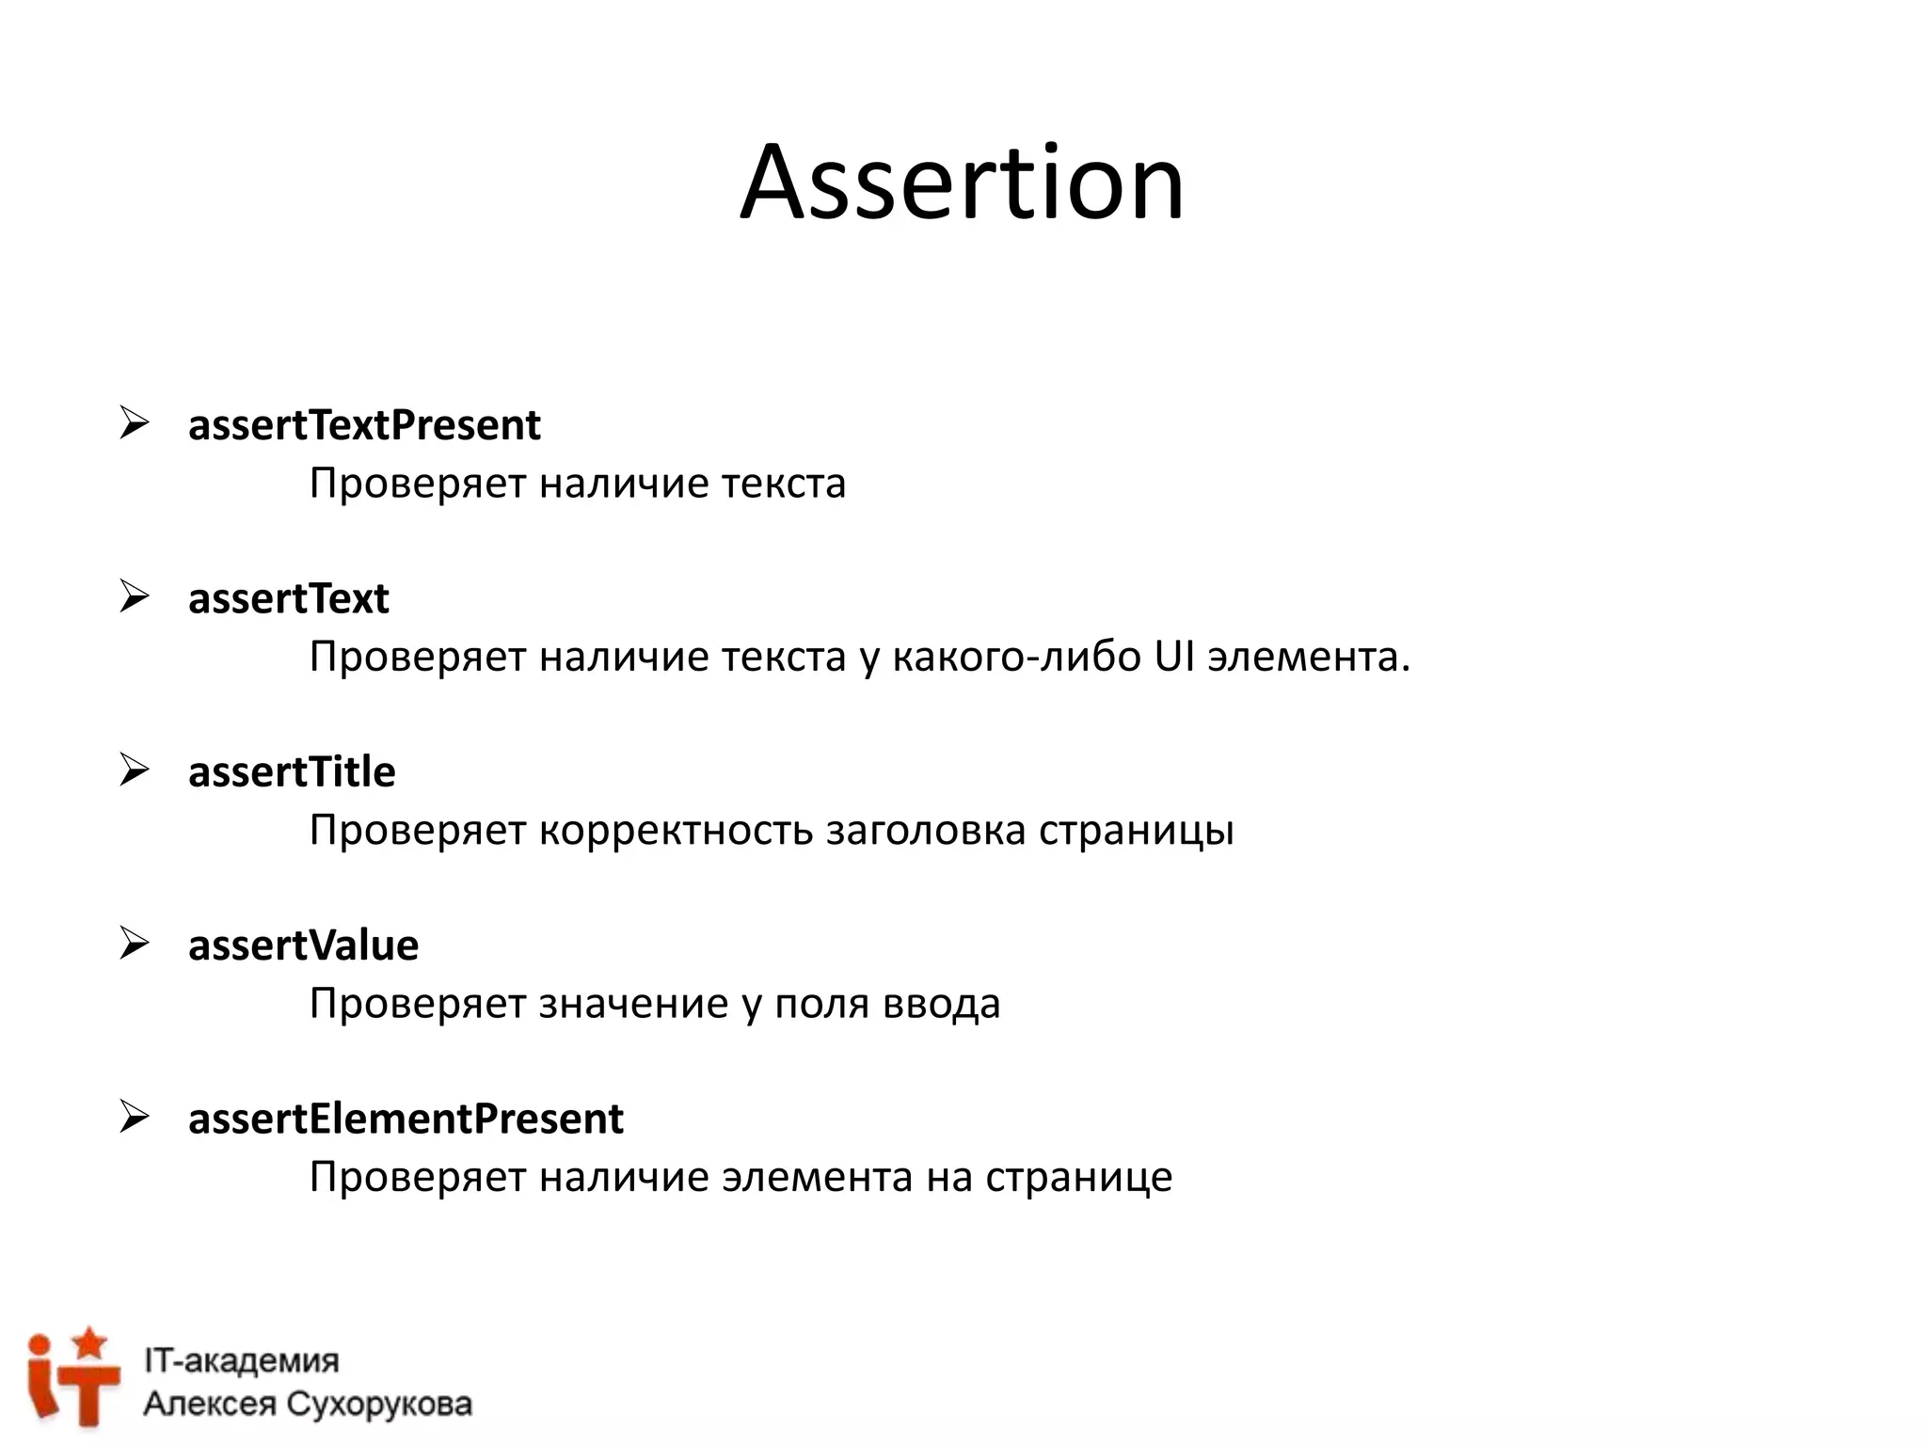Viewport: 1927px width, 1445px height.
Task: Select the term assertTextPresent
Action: [x=364, y=425]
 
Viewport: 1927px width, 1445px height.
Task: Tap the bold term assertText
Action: [x=288, y=599]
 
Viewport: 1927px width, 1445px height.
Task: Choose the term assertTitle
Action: [x=292, y=772]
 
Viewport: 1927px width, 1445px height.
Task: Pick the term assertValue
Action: [x=303, y=945]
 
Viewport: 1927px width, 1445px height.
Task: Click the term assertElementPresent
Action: [x=406, y=1119]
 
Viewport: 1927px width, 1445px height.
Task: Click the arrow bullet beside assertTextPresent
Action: [x=135, y=424]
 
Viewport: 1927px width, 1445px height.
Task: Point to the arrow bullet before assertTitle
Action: [x=135, y=770]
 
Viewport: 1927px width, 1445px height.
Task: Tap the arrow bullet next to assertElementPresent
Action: [x=135, y=1118]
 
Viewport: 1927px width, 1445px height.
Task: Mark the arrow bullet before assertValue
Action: [x=135, y=944]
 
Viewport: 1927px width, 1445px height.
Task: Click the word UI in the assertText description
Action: [x=1174, y=657]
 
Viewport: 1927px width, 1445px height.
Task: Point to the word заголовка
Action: [x=926, y=831]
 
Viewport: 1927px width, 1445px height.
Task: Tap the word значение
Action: [x=633, y=1004]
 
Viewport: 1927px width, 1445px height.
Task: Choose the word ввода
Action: [x=941, y=1004]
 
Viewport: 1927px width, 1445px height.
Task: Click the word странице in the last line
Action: [x=1078, y=1178]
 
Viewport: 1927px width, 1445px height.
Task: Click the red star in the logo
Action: [x=90, y=1342]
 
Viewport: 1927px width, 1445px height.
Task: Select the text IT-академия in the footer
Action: [x=241, y=1360]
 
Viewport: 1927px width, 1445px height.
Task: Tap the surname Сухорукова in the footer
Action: [x=378, y=1405]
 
